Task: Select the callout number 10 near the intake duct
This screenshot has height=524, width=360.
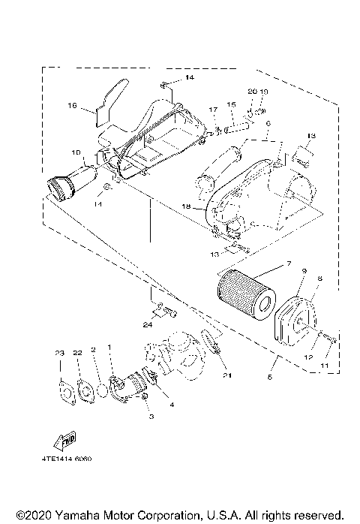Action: click(76, 152)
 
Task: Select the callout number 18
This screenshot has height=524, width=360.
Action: click(187, 206)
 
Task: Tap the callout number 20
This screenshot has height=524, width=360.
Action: click(253, 91)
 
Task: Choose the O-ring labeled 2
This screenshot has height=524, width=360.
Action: click(97, 390)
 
